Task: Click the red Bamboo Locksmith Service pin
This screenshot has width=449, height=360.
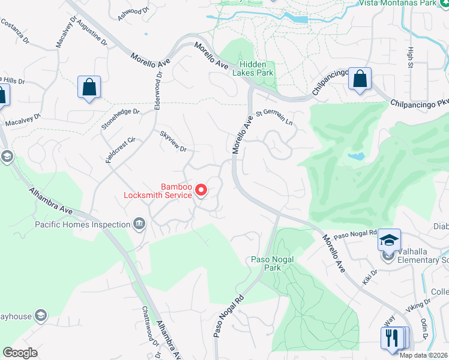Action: pos(202,191)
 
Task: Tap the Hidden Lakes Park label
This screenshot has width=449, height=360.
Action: pos(256,68)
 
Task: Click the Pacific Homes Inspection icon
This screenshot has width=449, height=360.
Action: pos(139,224)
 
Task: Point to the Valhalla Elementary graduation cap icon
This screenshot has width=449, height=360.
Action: pos(389,240)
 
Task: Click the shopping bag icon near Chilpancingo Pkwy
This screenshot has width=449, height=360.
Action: pos(360,79)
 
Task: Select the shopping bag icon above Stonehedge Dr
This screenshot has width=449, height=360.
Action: pos(89,88)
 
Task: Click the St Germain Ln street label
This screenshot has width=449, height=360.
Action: pos(274,118)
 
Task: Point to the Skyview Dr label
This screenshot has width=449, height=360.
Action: pos(173,140)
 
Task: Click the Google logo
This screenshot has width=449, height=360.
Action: pos(20,353)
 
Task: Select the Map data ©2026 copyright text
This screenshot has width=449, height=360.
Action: pos(424,355)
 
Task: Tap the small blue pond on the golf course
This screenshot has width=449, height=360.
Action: pos(356,157)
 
